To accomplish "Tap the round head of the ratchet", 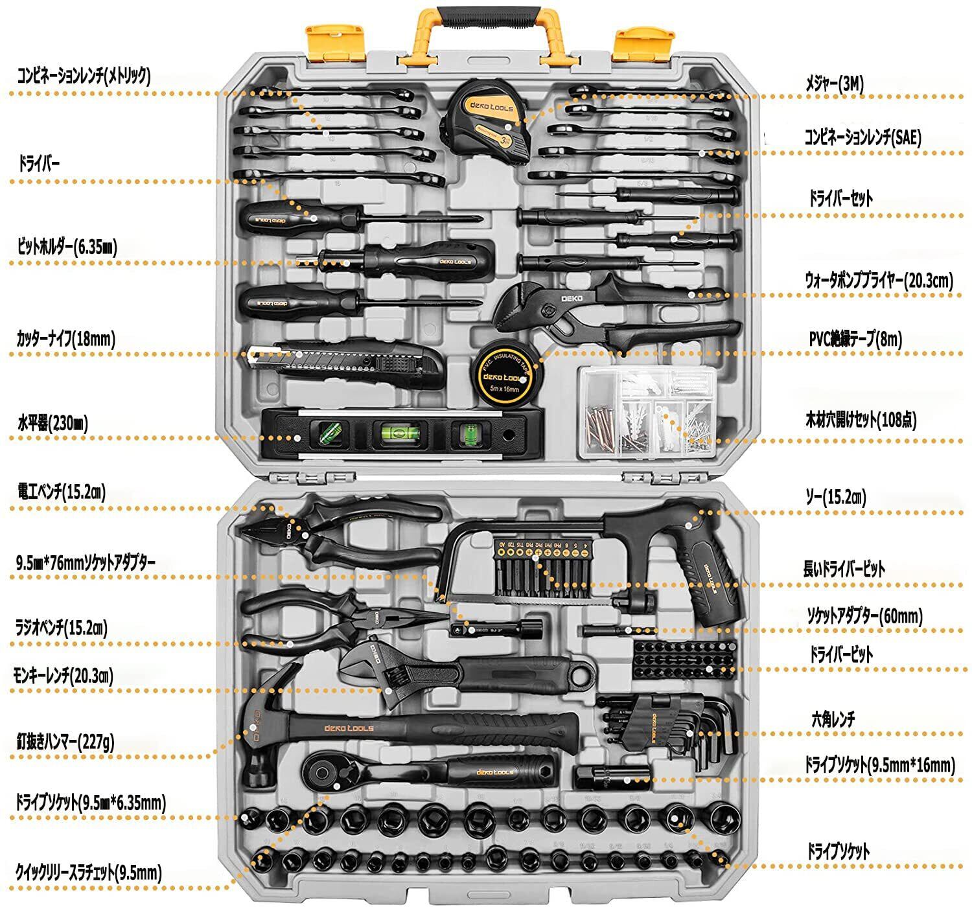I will (322, 771).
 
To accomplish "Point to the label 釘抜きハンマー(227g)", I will (65, 741).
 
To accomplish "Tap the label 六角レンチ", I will (833, 718).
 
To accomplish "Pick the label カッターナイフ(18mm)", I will (66, 338).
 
